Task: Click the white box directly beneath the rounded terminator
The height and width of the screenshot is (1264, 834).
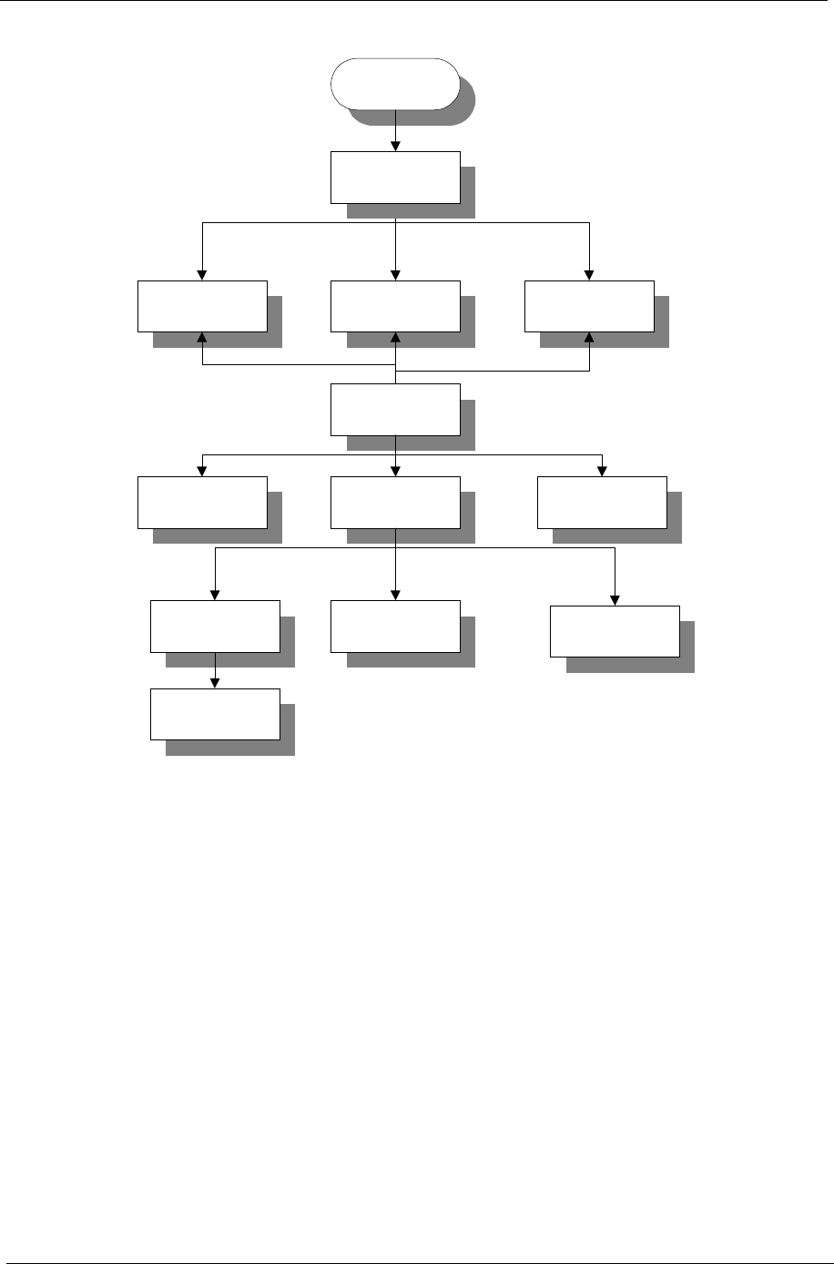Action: tap(395, 177)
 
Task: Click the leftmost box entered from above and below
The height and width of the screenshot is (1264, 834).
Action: tap(202, 306)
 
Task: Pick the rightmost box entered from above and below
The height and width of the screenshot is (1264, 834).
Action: tap(590, 306)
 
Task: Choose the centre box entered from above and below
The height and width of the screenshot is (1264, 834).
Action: tap(395, 306)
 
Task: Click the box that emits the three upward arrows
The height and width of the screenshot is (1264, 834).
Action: tap(395, 410)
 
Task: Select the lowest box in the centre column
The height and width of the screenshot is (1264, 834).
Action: tap(395, 626)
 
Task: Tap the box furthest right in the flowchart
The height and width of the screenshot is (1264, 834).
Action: tap(615, 630)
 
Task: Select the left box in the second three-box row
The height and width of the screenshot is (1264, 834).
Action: tap(202, 502)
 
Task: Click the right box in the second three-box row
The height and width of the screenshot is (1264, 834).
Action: tap(602, 502)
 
